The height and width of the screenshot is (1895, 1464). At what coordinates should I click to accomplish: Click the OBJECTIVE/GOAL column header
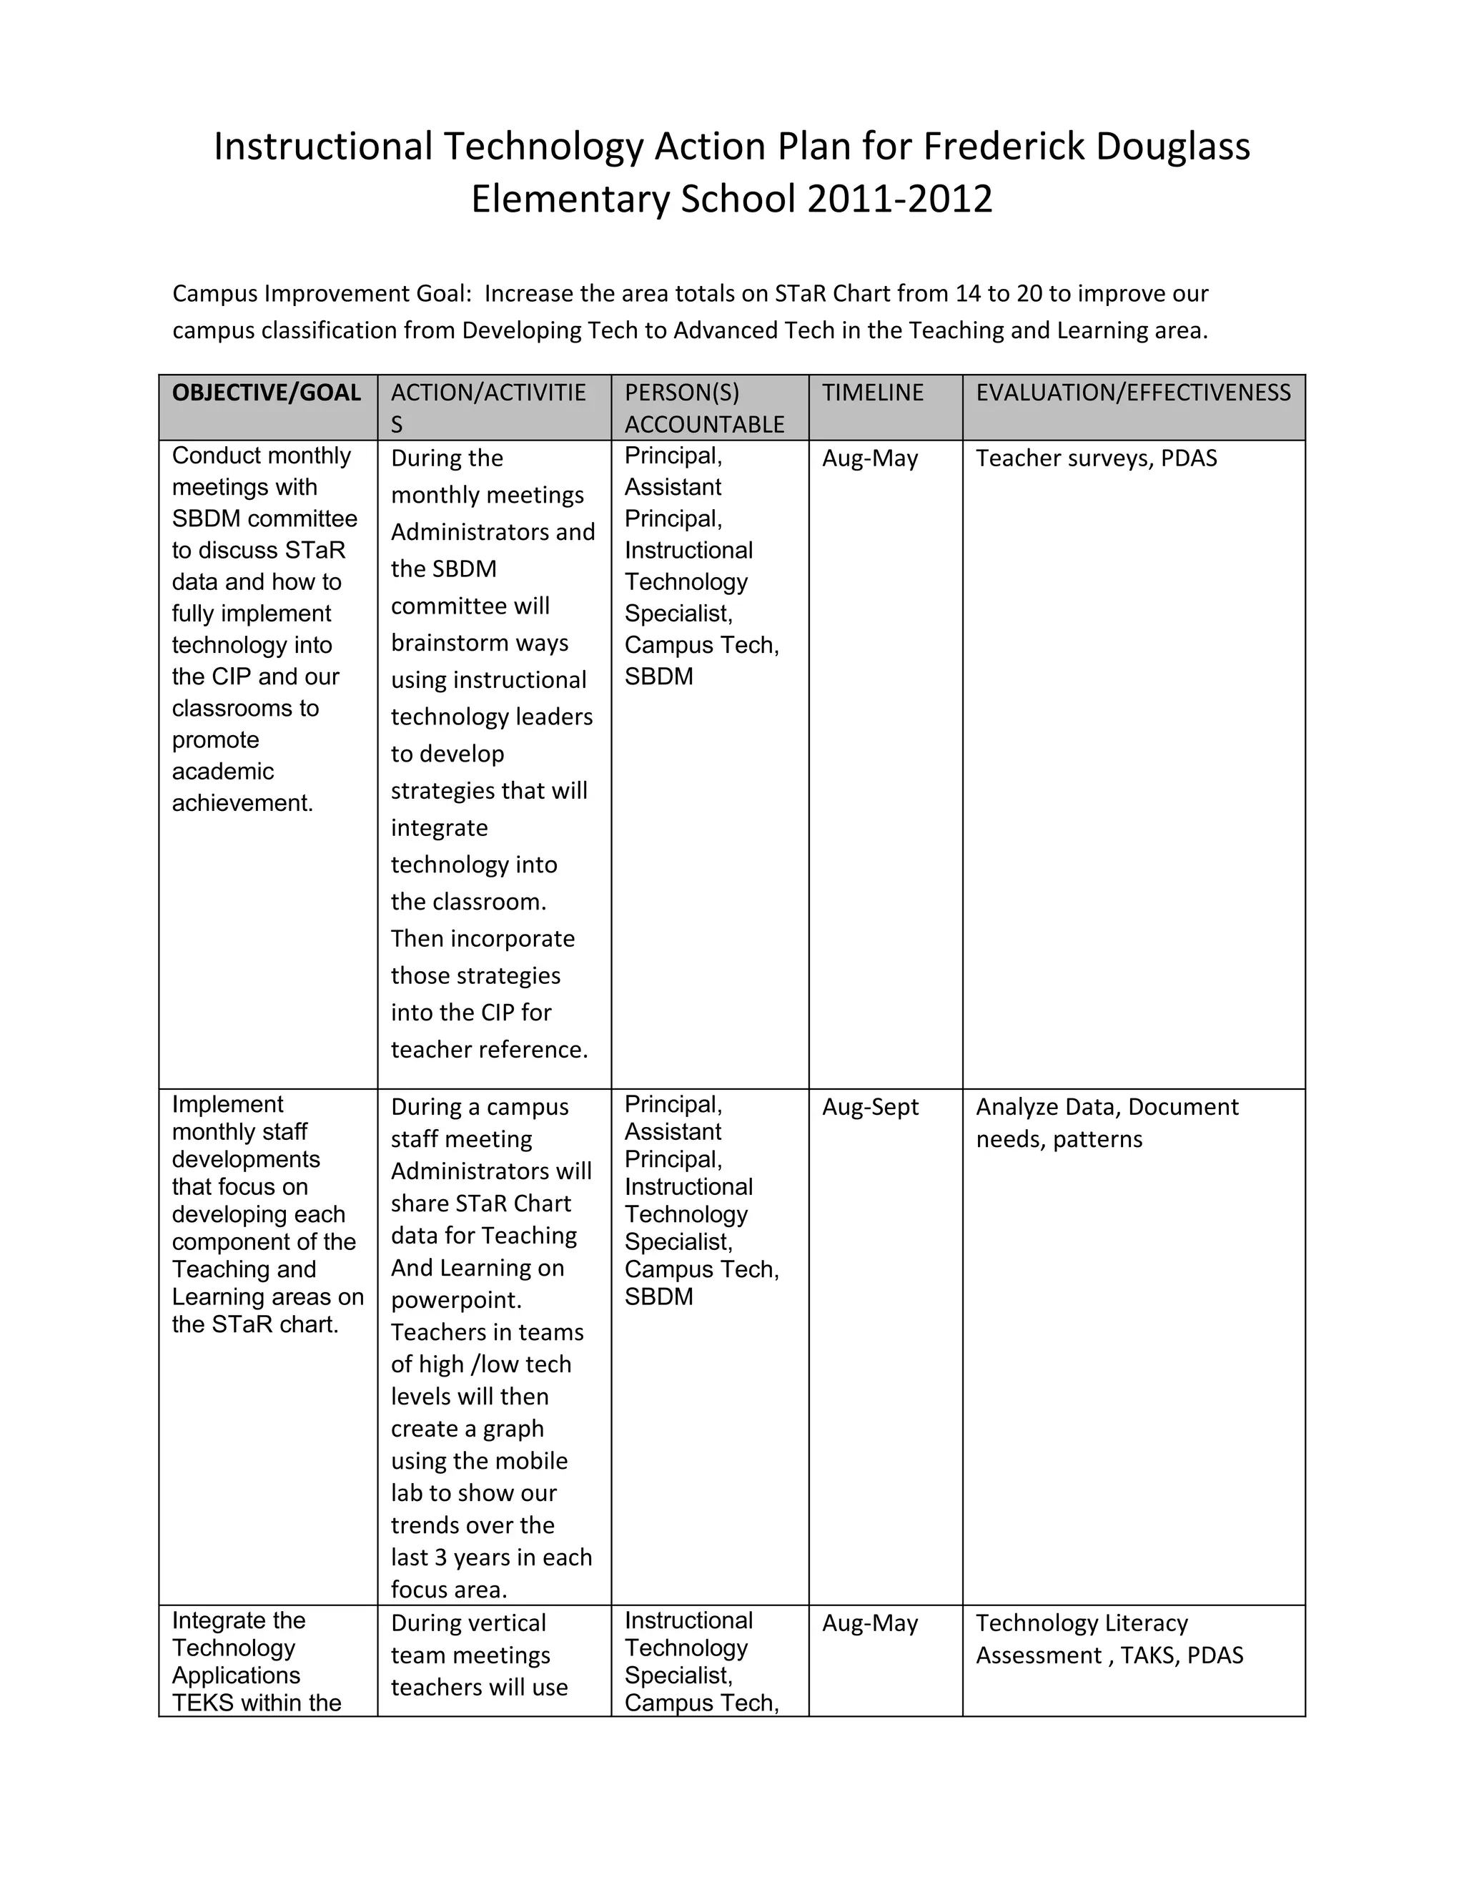point(266,393)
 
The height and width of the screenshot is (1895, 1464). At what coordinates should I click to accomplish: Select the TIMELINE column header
point(873,393)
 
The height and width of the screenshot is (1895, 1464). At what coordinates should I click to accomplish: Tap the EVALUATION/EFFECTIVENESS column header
point(1133,393)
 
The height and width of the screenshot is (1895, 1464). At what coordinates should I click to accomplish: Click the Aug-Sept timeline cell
point(870,1107)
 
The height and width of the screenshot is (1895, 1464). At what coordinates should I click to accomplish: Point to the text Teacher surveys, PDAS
point(1097,458)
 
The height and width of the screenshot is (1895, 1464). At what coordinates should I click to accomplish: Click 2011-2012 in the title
point(899,199)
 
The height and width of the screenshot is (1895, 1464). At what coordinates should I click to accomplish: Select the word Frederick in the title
point(1004,147)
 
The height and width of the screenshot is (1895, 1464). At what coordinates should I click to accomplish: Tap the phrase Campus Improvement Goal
point(321,293)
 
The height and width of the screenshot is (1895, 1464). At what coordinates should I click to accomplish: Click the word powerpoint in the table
point(455,1300)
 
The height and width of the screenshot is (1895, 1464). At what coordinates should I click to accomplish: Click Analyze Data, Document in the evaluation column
point(1107,1107)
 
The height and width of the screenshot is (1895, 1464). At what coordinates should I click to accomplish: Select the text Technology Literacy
point(1082,1623)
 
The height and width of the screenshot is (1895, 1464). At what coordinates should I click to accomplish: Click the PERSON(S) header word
point(682,393)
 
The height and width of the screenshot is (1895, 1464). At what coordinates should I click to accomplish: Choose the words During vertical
point(468,1623)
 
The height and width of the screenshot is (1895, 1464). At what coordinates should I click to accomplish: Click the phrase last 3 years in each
point(491,1557)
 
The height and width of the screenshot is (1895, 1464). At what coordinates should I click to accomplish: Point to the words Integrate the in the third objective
point(239,1621)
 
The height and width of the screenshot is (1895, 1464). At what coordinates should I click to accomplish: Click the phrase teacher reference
point(489,1050)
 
